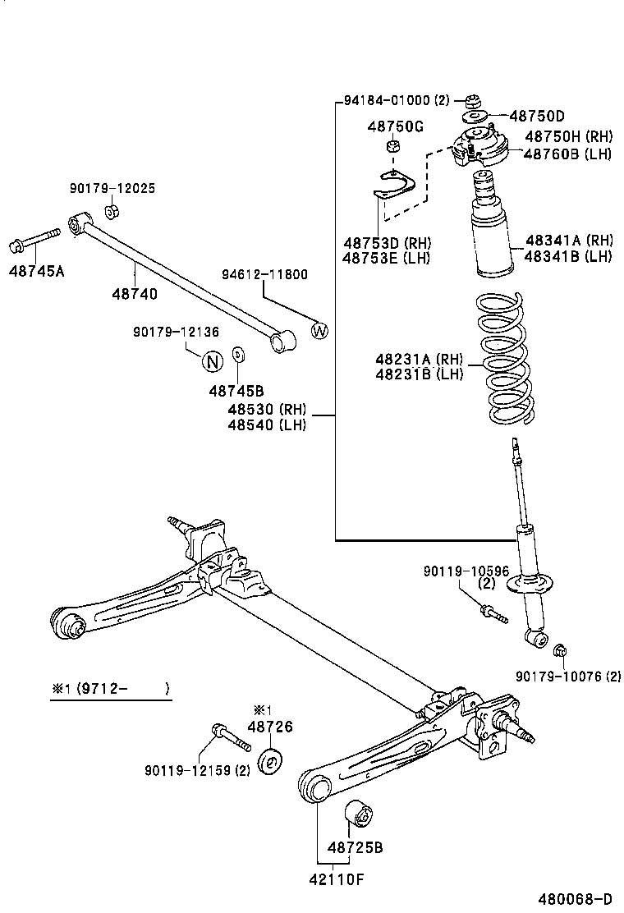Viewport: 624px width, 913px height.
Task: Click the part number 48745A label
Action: pyautogui.click(x=36, y=269)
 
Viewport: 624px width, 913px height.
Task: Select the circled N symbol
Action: pyautogui.click(x=213, y=360)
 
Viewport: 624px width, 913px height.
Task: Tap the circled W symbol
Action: pyautogui.click(x=319, y=331)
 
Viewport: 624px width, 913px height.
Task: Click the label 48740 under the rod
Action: pyautogui.click(x=135, y=293)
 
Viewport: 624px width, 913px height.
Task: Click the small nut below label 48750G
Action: pyautogui.click(x=393, y=147)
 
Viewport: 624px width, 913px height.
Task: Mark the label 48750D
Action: pyautogui.click(x=537, y=116)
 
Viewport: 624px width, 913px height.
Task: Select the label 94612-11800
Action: pyautogui.click(x=264, y=274)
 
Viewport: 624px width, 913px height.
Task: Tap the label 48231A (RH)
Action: pyautogui.click(x=420, y=359)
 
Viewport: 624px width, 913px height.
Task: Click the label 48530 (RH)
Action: pyautogui.click(x=267, y=410)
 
